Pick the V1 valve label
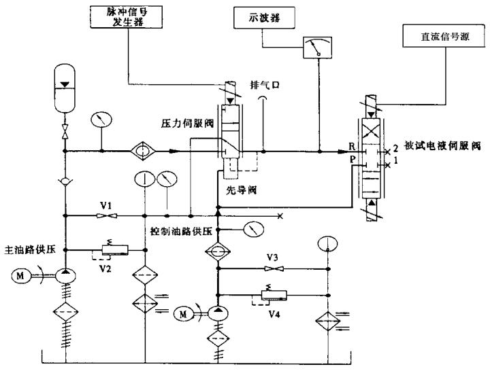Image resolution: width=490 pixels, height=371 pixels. coord(103,205)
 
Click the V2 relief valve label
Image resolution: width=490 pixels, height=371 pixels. coord(105,268)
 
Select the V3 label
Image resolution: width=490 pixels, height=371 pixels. coord(272,257)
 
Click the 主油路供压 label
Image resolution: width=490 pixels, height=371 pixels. coord(26,249)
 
